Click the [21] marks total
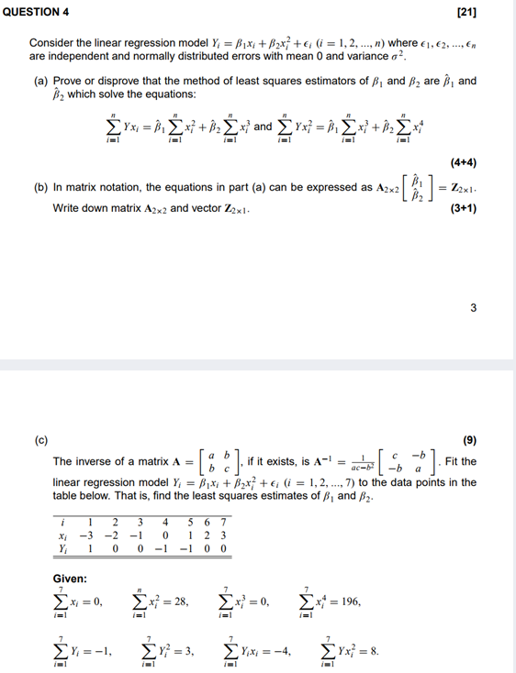pyautogui.click(x=491, y=12)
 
